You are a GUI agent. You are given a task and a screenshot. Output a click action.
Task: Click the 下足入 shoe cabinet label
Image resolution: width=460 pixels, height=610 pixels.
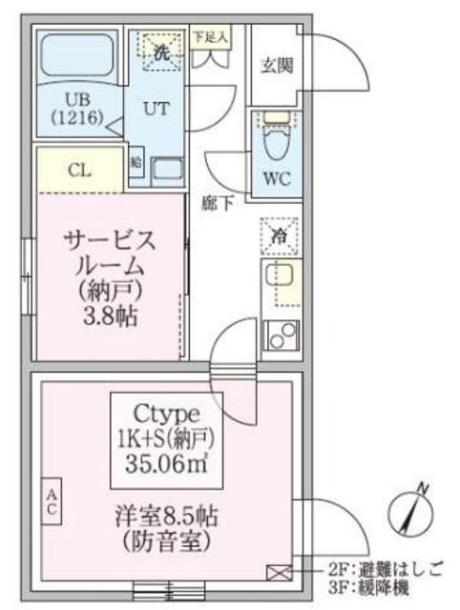pos(209,38)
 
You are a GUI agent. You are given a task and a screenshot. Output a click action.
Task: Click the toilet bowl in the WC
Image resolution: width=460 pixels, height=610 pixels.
pos(278,144)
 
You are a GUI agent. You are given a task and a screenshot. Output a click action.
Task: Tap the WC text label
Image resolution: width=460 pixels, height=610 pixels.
pos(278,178)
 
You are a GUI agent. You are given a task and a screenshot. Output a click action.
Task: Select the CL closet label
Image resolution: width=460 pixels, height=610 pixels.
pos(79,171)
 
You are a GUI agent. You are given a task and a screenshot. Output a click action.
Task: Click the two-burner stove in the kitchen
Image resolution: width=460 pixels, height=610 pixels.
pos(280,335)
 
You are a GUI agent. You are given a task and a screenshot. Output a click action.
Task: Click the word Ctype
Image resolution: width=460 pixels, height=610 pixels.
pos(167,414)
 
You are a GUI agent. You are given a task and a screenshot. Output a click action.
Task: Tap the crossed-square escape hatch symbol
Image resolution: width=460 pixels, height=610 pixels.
pos(278,571)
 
